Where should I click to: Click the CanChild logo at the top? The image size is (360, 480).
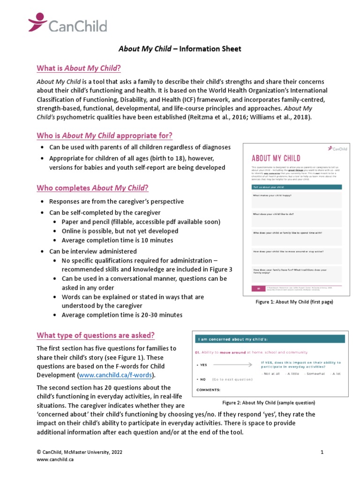pyautogui.click(x=67, y=24)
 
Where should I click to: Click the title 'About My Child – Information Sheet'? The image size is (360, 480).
pyautogui.click(x=180, y=49)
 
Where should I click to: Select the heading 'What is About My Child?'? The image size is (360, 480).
pyautogui.click(x=79, y=68)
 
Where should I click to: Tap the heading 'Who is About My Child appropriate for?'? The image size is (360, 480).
pyautogui.click(x=105, y=136)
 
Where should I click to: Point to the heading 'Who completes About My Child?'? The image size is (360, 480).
pyautogui.click(x=92, y=188)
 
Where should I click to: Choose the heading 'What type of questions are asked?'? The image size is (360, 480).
pyautogui.click(x=96, y=335)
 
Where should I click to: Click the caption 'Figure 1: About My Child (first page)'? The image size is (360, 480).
pyautogui.click(x=294, y=302)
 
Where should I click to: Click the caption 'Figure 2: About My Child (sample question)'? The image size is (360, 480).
pyautogui.click(x=269, y=403)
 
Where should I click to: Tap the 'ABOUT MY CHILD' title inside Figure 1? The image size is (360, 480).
pyautogui.click(x=276, y=158)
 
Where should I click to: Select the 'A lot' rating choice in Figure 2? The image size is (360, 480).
pyautogui.click(x=336, y=374)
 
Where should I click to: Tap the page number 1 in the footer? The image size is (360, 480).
pyautogui.click(x=322, y=452)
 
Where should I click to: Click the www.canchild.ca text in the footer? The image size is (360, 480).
pyautogui.click(x=55, y=459)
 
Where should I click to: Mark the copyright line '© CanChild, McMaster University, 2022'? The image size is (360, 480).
pyautogui.click(x=80, y=452)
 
